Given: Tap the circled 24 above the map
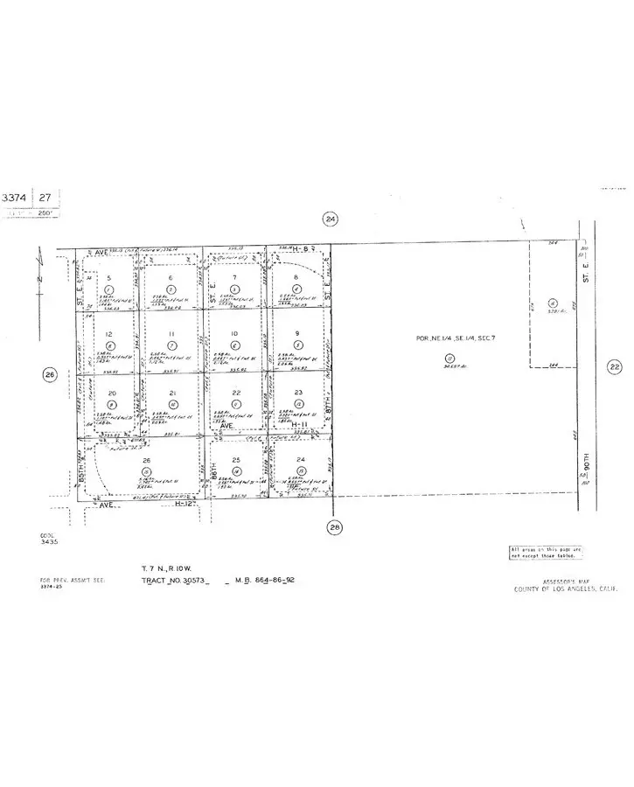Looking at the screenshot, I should pyautogui.click(x=330, y=219).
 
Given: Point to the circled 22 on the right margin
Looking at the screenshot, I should pyautogui.click(x=615, y=367).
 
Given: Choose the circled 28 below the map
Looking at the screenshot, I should pyautogui.click(x=334, y=526).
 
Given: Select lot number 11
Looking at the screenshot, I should pyautogui.click(x=171, y=334).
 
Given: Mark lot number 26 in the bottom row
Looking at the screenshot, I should pyautogui.click(x=147, y=460).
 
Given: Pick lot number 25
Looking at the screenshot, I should pyautogui.click(x=235, y=460).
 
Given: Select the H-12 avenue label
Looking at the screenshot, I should pyautogui.click(x=183, y=504).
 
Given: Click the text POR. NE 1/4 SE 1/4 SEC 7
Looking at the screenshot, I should pyautogui.click(x=448, y=338).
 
